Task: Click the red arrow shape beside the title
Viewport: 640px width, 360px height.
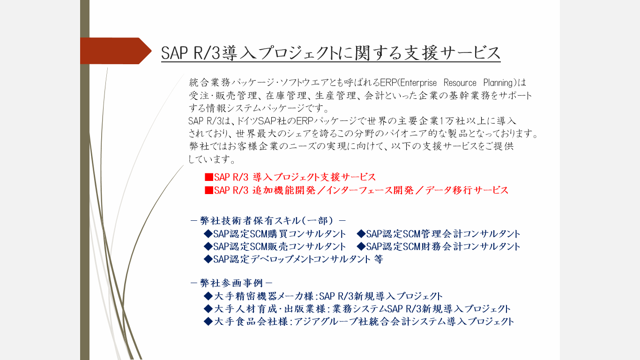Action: [x=116, y=51]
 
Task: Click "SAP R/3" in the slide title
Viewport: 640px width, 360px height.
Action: [x=191, y=53]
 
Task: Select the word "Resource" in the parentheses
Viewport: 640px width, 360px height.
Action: [x=460, y=83]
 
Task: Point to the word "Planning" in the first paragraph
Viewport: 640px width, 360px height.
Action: [x=499, y=83]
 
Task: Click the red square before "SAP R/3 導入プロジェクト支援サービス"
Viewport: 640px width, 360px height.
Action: [x=209, y=177]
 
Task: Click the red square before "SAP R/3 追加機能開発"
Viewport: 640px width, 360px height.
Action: [x=209, y=190]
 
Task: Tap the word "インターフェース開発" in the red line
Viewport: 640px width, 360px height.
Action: [x=370, y=190]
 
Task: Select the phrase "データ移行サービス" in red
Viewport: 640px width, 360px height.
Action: [x=467, y=190]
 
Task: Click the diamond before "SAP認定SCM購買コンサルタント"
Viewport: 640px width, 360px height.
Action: [x=208, y=234]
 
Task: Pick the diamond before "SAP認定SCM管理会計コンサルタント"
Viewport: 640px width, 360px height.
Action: [x=361, y=234]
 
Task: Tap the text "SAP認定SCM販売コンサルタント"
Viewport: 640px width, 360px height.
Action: [x=280, y=247]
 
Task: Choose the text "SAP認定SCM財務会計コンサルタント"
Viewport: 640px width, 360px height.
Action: [x=443, y=247]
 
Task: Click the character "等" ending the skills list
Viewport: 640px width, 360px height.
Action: [x=378, y=259]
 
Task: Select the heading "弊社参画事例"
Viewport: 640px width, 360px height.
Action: [x=231, y=283]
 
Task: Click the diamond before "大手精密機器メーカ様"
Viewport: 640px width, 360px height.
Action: [x=208, y=296]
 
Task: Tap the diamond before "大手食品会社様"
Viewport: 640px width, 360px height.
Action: [x=208, y=322]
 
